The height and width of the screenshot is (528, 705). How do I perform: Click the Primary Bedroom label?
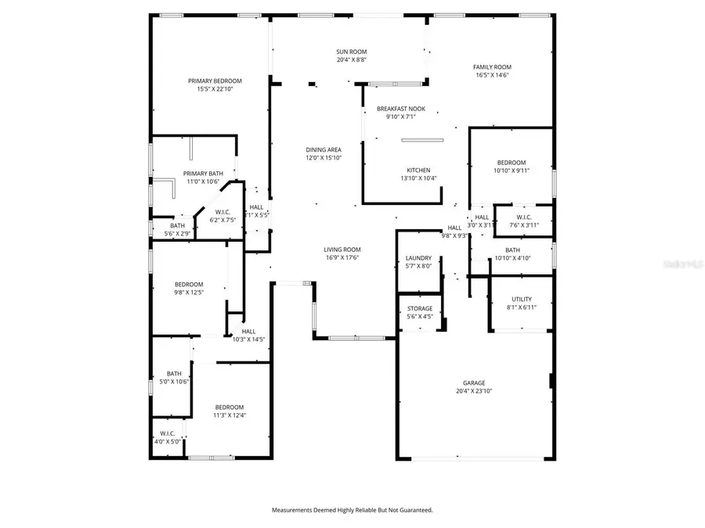[x=215, y=81]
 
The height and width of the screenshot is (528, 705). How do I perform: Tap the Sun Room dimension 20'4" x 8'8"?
[x=351, y=59]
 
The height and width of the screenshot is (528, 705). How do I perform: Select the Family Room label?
[x=492, y=67]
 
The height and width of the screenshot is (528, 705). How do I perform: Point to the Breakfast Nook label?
[x=401, y=109]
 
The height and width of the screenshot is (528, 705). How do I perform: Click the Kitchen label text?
[x=418, y=170]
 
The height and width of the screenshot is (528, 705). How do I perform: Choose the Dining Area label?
[x=323, y=149]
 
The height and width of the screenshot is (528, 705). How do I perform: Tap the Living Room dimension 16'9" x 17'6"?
[x=342, y=258]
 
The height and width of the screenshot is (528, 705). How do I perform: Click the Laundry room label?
[x=418, y=257]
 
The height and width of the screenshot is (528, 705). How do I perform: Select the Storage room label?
[x=419, y=308]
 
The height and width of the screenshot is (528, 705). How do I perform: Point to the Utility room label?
[x=522, y=299]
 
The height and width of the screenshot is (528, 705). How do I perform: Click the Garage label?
[x=473, y=383]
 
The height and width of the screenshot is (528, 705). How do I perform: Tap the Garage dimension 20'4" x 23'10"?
[x=473, y=391]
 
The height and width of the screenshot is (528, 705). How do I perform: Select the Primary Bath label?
[x=203, y=173]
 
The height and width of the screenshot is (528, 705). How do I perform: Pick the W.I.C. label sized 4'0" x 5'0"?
[x=167, y=441]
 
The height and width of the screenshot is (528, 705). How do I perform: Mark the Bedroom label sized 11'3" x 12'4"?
[x=230, y=415]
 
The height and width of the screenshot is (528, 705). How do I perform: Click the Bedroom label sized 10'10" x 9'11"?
[x=512, y=170]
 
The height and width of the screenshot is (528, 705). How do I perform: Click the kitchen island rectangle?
[x=422, y=140]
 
